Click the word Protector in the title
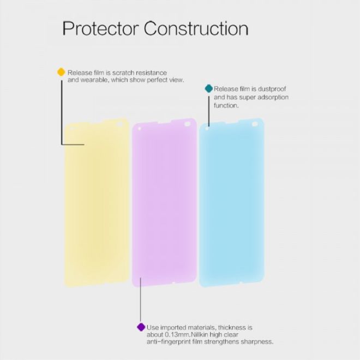pos(100,29)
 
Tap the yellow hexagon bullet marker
pos(61,72)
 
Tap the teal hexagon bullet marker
pos(208,88)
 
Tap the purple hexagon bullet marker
pos(141,327)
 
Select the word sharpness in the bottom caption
pos(256,342)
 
